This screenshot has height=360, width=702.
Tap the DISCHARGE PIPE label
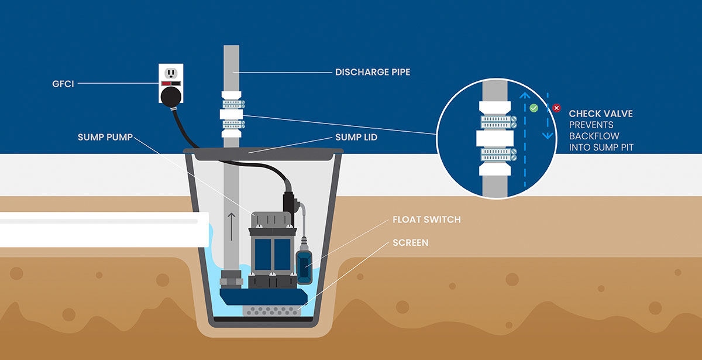pos(372,73)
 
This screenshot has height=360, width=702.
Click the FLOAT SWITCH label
pos(427,220)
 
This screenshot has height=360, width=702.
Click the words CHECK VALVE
pos(601,114)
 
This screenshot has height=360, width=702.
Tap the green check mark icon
pos(534,108)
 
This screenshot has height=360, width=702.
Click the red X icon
pos(556,108)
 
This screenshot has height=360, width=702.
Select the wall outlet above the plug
pos(171,73)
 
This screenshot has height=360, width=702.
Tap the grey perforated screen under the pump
pos(273,310)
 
